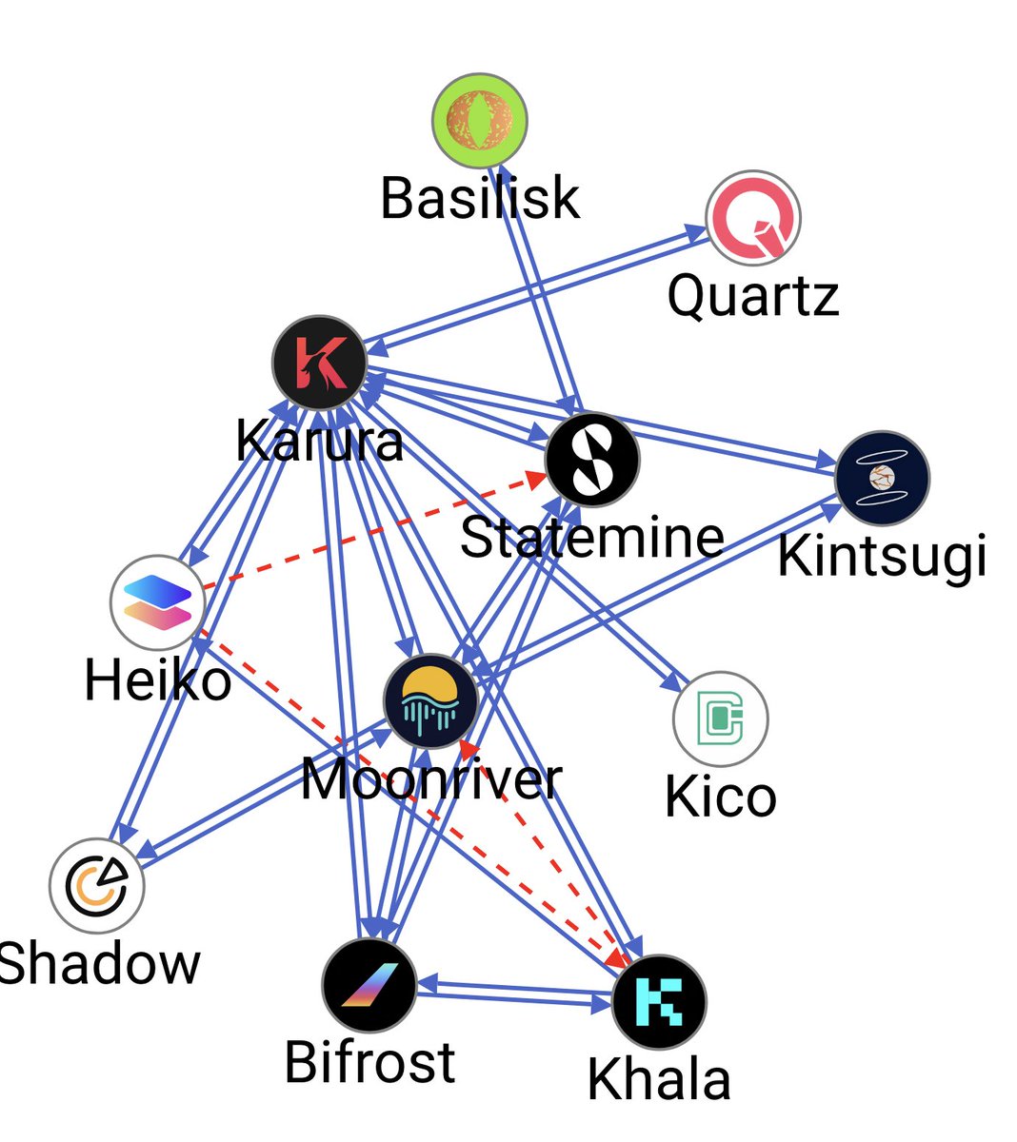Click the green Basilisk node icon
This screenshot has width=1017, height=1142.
(x=480, y=119)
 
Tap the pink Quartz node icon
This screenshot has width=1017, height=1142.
(x=753, y=219)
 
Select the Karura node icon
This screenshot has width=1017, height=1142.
(x=319, y=363)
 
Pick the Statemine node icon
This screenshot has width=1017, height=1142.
(x=592, y=461)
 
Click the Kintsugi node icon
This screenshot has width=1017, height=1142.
(x=882, y=478)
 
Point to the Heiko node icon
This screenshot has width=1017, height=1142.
(x=158, y=602)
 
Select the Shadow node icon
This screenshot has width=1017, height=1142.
(x=97, y=885)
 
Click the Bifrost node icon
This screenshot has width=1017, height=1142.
(x=369, y=984)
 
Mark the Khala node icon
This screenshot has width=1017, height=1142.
(x=659, y=1002)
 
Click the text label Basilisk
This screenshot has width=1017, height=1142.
(x=480, y=198)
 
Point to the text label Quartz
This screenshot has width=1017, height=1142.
(x=753, y=295)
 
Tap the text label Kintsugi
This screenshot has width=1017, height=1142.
(x=882, y=556)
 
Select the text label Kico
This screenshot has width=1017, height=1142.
(x=720, y=797)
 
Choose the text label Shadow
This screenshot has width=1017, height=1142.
(x=99, y=963)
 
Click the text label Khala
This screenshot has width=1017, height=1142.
(x=659, y=1080)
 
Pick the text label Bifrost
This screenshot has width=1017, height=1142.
(x=369, y=1062)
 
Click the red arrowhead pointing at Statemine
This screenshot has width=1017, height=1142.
(x=537, y=481)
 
